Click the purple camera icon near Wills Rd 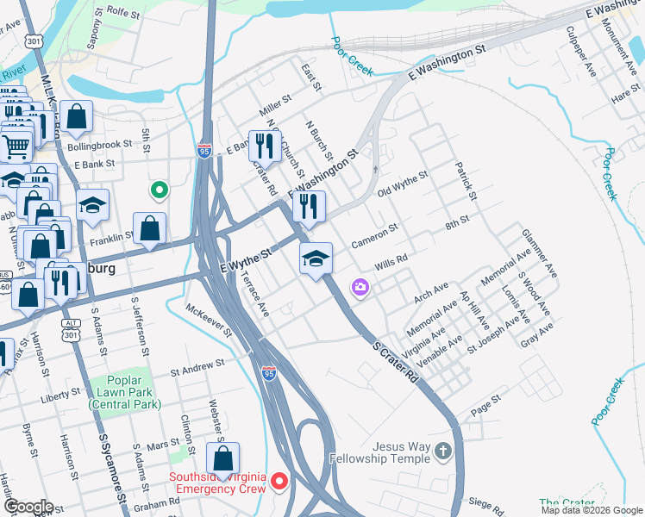coord(360,287)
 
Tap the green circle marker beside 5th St coord(158,190)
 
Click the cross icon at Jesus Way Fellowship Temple coord(441,452)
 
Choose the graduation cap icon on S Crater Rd coord(316,258)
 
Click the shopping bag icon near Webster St coord(223,458)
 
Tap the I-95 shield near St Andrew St coord(268,373)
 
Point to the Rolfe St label coord(123,12)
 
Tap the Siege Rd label coord(485,501)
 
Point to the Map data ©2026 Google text coord(592,510)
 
